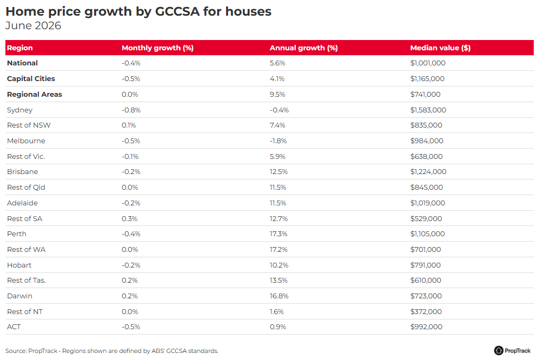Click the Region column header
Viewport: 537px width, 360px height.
click(20, 48)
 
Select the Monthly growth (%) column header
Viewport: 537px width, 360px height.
click(157, 48)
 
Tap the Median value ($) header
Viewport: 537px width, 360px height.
click(440, 48)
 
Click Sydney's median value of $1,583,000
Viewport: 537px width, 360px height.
click(428, 110)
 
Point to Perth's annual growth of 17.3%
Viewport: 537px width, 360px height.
click(279, 234)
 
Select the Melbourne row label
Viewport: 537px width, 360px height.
click(26, 141)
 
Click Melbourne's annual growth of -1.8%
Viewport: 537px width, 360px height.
click(278, 141)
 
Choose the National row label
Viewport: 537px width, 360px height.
click(22, 63)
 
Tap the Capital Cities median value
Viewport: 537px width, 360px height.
click(427, 79)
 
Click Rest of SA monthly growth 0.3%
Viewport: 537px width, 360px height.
click(129, 219)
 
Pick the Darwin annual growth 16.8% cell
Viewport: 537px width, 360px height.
click(279, 296)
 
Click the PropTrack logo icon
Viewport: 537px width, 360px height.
click(499, 350)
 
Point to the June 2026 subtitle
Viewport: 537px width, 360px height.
click(33, 25)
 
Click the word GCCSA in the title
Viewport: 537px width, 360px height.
click(177, 11)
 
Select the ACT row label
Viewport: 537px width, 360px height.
click(14, 327)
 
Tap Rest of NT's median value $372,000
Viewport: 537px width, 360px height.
click(426, 312)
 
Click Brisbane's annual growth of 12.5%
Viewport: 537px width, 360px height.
click(279, 172)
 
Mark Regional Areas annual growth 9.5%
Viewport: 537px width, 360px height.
click(277, 95)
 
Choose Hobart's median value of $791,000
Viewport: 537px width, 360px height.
click(426, 265)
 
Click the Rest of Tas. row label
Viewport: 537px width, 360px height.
click(26, 280)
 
